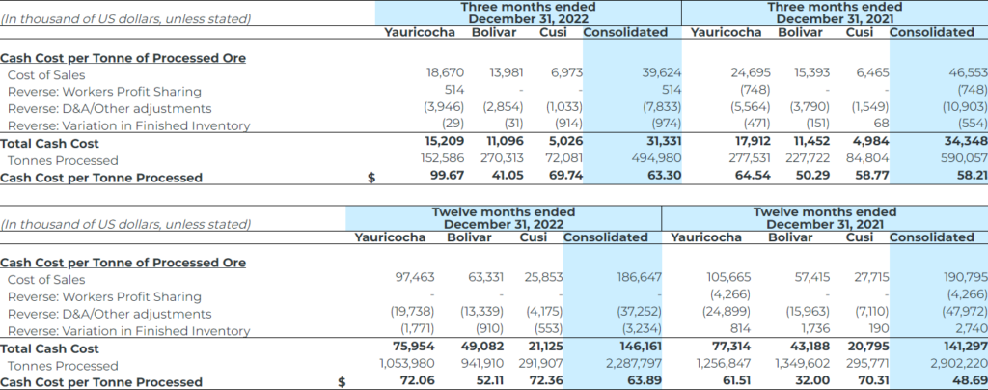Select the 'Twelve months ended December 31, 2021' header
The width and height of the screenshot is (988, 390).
824,218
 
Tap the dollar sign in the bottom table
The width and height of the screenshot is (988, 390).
343,382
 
